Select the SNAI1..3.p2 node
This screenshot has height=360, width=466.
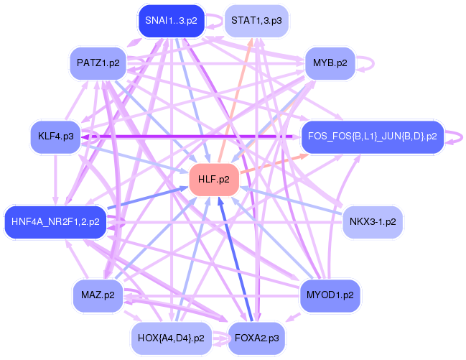(x=170, y=20)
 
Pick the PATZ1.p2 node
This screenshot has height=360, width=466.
(x=98, y=63)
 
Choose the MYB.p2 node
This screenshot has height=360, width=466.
(x=330, y=63)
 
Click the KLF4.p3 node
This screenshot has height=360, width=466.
(x=56, y=136)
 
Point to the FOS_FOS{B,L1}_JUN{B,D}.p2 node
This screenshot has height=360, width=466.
(x=371, y=136)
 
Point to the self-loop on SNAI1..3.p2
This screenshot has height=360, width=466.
(x=213, y=20)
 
